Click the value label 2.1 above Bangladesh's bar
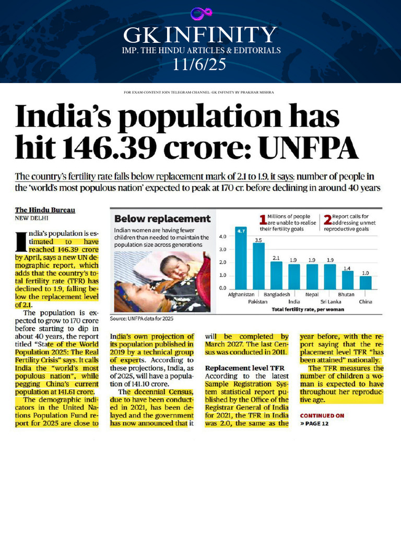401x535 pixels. [277, 258]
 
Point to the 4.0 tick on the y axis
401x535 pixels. [222, 237]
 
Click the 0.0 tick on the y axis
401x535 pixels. [222, 288]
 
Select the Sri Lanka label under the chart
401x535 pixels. [331, 301]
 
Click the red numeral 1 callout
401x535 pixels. [263, 219]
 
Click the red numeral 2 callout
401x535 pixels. [328, 219]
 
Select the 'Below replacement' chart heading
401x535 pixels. [162, 219]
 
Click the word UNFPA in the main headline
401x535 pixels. [309, 149]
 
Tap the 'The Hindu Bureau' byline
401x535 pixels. [45, 210]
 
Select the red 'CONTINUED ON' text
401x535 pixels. [322, 416]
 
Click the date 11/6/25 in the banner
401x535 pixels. [200, 65]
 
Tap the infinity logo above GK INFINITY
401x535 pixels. [199, 14]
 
